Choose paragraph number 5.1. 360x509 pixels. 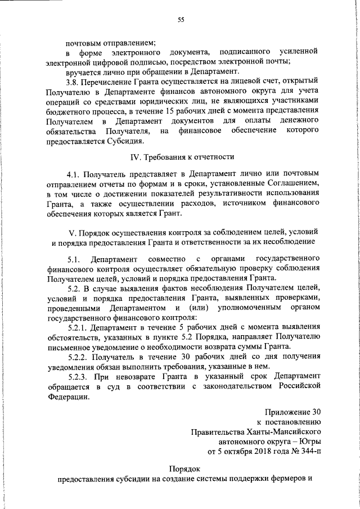coord(74,259)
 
